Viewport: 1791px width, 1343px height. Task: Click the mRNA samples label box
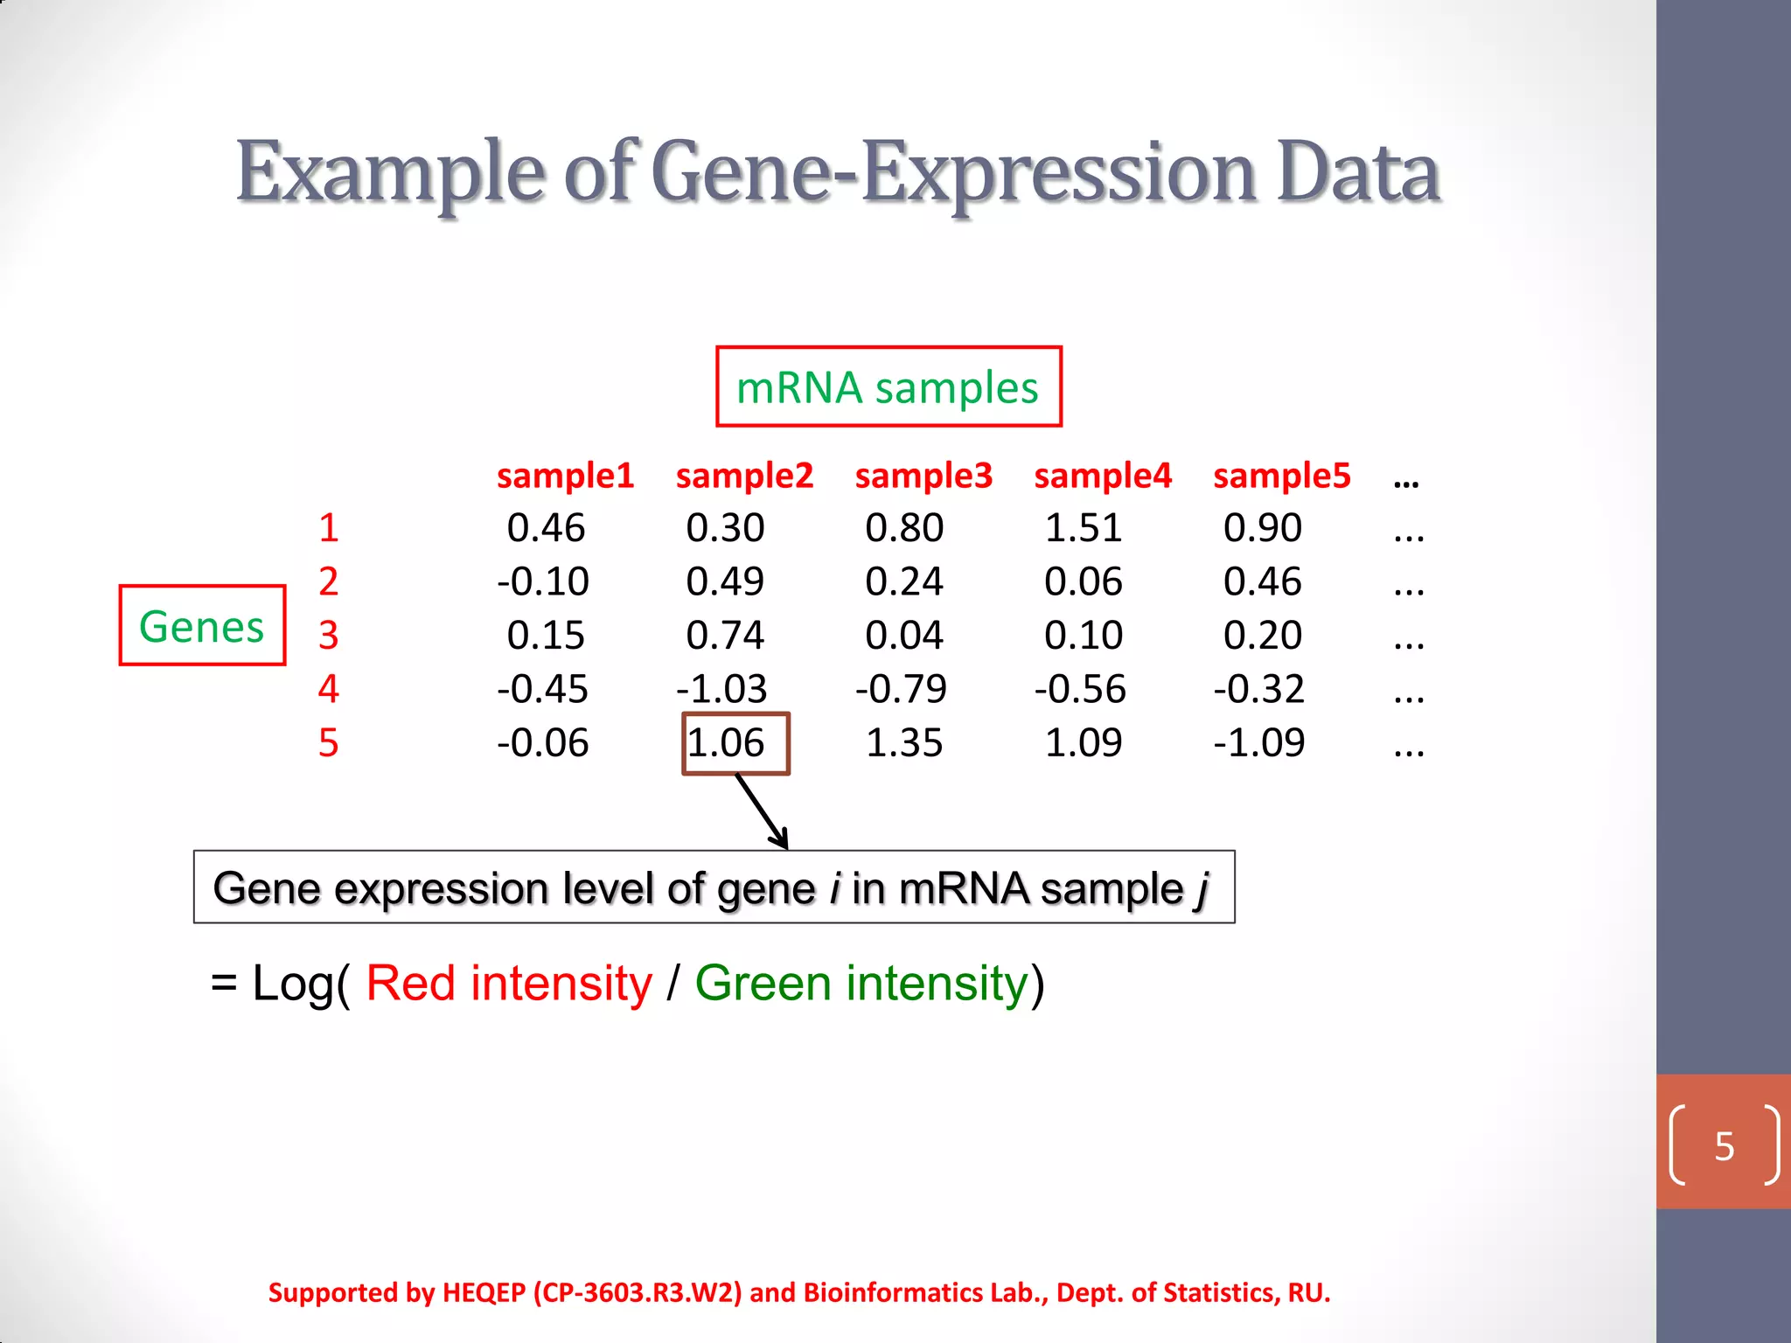pyautogui.click(x=888, y=386)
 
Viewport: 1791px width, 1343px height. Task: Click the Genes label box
pyautogui.click(x=202, y=626)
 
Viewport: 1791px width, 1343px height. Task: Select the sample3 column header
pyautogui.click(x=923, y=476)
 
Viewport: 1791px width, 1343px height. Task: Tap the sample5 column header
pyautogui.click(x=1281, y=476)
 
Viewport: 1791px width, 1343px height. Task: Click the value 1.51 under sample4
pyautogui.click(x=1083, y=528)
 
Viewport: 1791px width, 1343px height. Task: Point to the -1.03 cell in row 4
pyautogui.click(x=721, y=689)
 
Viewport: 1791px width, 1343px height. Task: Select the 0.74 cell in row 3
pyautogui.click(x=725, y=636)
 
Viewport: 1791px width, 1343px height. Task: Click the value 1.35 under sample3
pyautogui.click(x=903, y=743)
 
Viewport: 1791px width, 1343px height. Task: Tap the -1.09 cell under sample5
pyautogui.click(x=1258, y=743)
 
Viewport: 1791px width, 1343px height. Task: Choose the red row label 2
pyautogui.click(x=328, y=581)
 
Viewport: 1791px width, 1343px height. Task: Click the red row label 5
pyautogui.click(x=328, y=743)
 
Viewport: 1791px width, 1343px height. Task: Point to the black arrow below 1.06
pyautogui.click(x=763, y=811)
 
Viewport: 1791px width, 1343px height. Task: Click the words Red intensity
pyautogui.click(x=508, y=984)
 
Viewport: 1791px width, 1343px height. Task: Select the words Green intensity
pyautogui.click(x=861, y=984)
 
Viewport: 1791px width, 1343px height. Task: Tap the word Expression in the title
pyautogui.click(x=1060, y=173)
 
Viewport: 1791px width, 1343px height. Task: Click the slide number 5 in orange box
pyautogui.click(x=1724, y=1146)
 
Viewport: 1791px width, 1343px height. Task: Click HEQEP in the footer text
pyautogui.click(x=484, y=1292)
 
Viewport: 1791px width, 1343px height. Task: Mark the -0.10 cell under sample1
pyautogui.click(x=543, y=581)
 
